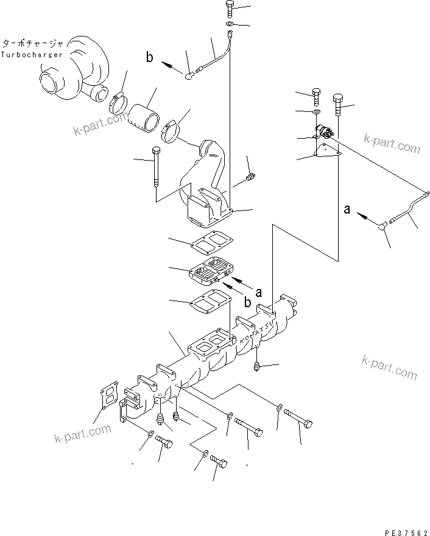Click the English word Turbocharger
(x=32, y=55)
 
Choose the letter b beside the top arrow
(x=150, y=58)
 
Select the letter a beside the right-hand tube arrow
(x=347, y=209)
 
